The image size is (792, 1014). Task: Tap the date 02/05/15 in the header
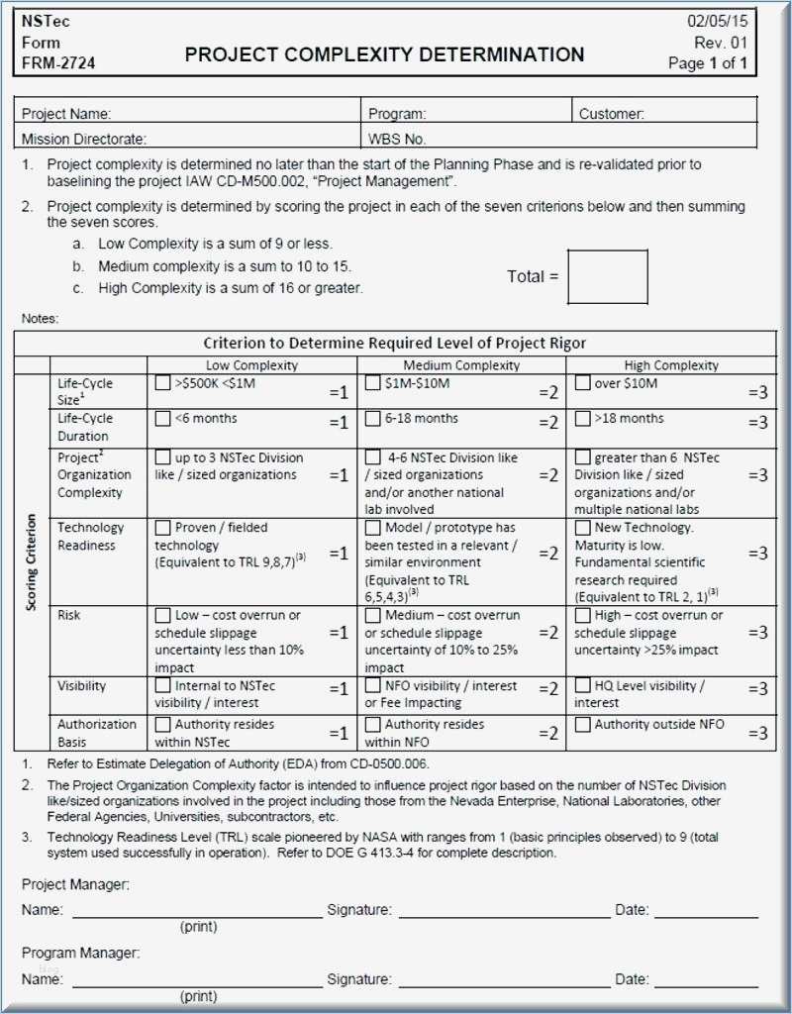(x=718, y=21)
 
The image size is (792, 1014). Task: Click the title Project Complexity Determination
(x=384, y=54)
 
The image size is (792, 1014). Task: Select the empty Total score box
(x=608, y=276)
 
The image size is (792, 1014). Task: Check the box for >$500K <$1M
(x=163, y=383)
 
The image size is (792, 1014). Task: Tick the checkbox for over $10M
(x=583, y=383)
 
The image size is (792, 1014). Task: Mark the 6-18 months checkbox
(x=373, y=418)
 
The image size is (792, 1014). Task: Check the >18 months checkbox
(x=583, y=418)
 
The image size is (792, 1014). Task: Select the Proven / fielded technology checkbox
(x=163, y=528)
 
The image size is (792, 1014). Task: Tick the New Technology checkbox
(x=583, y=528)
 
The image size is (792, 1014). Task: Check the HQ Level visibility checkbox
(x=583, y=685)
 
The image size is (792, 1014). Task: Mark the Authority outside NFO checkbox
(x=583, y=725)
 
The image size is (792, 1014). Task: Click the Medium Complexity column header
(x=461, y=365)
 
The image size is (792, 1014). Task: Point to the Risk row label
(x=69, y=615)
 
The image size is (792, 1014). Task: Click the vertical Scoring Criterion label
(x=32, y=561)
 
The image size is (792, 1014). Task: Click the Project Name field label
(x=66, y=114)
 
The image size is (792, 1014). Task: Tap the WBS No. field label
(x=397, y=140)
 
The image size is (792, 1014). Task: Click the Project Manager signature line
(x=504, y=916)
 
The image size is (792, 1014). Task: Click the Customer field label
(x=611, y=114)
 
